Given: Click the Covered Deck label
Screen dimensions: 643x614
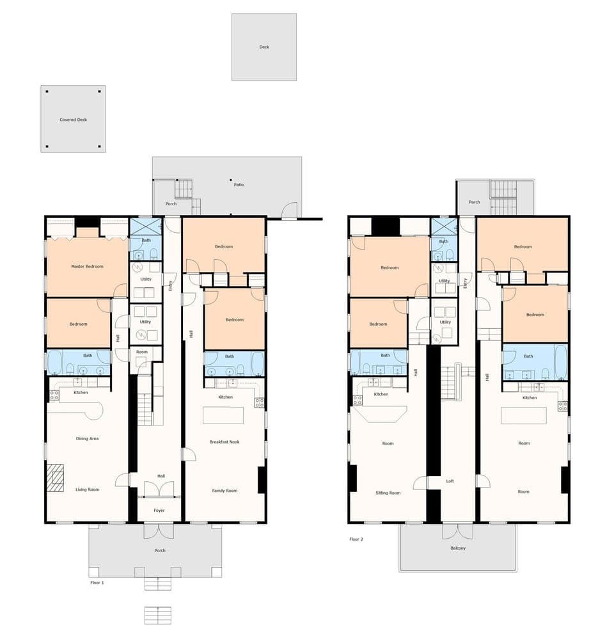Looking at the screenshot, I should [73, 120].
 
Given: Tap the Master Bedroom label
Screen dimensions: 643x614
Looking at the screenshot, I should [87, 266].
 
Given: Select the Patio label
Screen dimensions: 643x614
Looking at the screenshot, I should [239, 185].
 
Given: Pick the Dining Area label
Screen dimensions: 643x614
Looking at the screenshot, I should [87, 439].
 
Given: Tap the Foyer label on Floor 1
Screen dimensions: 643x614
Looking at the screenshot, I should [159, 511].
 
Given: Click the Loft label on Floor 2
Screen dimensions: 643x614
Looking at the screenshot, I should [450, 481].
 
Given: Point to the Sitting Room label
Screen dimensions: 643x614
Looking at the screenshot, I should [387, 493].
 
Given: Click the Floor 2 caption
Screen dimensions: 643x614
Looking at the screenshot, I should [356, 539].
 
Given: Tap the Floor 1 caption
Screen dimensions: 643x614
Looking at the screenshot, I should [97, 583].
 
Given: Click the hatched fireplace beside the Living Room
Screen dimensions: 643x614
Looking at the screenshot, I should [55, 478].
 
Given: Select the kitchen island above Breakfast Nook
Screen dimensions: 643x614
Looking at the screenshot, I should [223, 415].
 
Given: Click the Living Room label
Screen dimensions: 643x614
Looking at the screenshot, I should [87, 489].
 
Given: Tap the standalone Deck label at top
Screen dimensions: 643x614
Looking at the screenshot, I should [264, 47].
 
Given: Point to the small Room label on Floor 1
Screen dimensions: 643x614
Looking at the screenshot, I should [141, 352].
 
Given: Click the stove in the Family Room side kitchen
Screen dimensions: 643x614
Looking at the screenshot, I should [260, 402].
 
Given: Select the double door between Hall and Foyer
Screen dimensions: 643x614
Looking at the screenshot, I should [159, 489].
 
